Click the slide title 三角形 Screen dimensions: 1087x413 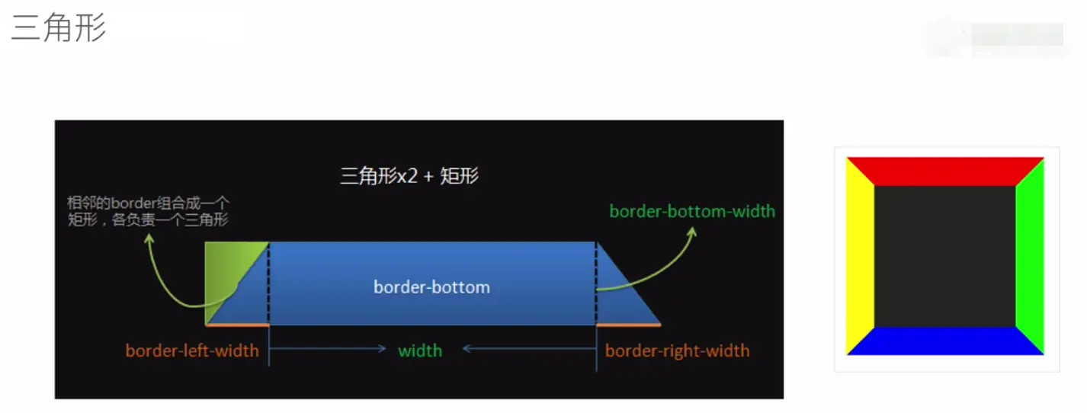(58, 27)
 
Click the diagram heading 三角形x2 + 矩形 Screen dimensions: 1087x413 (409, 176)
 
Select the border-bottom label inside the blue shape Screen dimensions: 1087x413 (431, 287)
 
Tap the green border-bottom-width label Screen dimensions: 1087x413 (692, 212)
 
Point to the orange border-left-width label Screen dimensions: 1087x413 (192, 351)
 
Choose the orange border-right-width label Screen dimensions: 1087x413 (677, 351)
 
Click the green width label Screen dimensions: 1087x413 (420, 351)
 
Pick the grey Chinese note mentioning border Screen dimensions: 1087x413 (148, 211)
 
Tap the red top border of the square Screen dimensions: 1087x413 (944, 171)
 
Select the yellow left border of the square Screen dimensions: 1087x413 (860, 256)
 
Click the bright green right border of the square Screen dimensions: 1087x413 (1030, 256)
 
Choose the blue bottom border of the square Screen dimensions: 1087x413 (944, 341)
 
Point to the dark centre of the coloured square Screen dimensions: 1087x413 (944, 256)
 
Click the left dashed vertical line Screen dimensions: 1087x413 (268, 283)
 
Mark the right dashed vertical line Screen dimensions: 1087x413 (596, 283)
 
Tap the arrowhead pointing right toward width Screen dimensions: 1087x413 (383, 348)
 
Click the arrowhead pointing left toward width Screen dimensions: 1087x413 (467, 348)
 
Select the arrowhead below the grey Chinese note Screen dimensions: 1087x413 (149, 239)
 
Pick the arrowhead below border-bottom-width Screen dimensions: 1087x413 (692, 232)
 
